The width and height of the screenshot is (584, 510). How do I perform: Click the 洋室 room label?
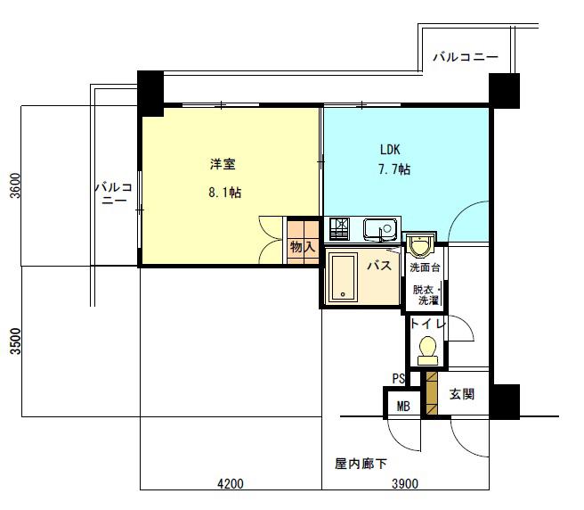(223, 164)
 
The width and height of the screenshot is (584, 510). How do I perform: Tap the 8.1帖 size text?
(224, 193)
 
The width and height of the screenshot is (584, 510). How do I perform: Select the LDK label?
(390, 150)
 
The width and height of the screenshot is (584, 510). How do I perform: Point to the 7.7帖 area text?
(394, 169)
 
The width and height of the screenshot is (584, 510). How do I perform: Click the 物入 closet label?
(303, 247)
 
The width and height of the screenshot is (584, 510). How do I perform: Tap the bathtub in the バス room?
(343, 278)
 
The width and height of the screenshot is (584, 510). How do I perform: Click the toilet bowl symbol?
(427, 350)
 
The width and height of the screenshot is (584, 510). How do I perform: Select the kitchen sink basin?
(381, 229)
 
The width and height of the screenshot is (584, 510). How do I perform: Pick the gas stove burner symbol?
(339, 228)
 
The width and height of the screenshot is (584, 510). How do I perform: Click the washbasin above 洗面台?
(420, 244)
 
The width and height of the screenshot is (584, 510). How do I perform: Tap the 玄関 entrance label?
(462, 393)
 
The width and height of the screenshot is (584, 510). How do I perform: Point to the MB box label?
(403, 406)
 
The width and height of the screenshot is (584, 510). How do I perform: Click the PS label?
(399, 379)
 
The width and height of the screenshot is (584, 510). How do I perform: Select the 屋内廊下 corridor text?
(361, 464)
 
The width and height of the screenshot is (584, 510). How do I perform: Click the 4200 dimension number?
(231, 483)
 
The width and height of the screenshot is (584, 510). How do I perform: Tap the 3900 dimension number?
(405, 483)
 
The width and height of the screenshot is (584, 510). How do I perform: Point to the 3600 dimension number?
(16, 185)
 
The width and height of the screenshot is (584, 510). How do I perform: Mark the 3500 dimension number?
(16, 341)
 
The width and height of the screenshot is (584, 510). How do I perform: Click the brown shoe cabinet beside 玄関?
(431, 393)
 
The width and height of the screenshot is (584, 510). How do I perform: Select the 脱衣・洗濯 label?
(426, 295)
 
